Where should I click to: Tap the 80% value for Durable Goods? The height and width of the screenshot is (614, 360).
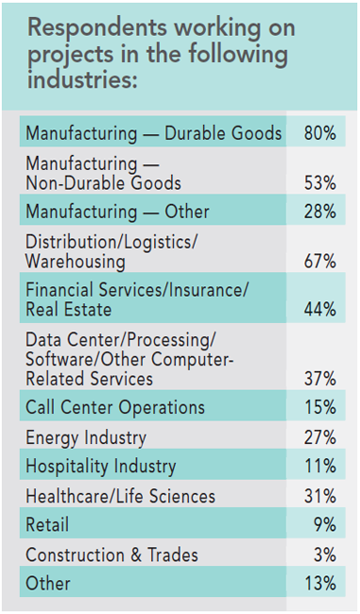coord(319,133)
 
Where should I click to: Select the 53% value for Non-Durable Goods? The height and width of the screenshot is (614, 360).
coord(319,182)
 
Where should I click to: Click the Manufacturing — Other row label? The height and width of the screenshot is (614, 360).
coord(117,212)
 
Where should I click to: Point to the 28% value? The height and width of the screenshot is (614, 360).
coord(319,212)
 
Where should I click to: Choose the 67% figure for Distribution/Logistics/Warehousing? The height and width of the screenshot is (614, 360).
coord(319,261)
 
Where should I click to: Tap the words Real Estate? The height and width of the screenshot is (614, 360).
coord(67,310)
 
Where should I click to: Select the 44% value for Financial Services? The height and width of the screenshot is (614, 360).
coord(319,310)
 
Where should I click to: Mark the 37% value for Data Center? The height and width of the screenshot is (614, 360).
coord(319,378)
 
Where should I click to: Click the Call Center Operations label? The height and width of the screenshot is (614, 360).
coord(115,408)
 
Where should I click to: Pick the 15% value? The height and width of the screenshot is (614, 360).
coord(319,408)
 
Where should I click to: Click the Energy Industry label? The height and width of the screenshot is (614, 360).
coord(86,437)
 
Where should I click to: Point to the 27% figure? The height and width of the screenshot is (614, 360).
coord(319,437)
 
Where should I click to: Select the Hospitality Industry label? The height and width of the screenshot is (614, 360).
coord(101,467)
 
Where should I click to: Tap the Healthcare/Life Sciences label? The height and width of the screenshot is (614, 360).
coord(120,496)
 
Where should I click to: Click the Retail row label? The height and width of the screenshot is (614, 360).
coord(47,525)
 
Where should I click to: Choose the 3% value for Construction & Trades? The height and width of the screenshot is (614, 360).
coord(324,554)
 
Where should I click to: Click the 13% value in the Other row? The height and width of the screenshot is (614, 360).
coord(319,584)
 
